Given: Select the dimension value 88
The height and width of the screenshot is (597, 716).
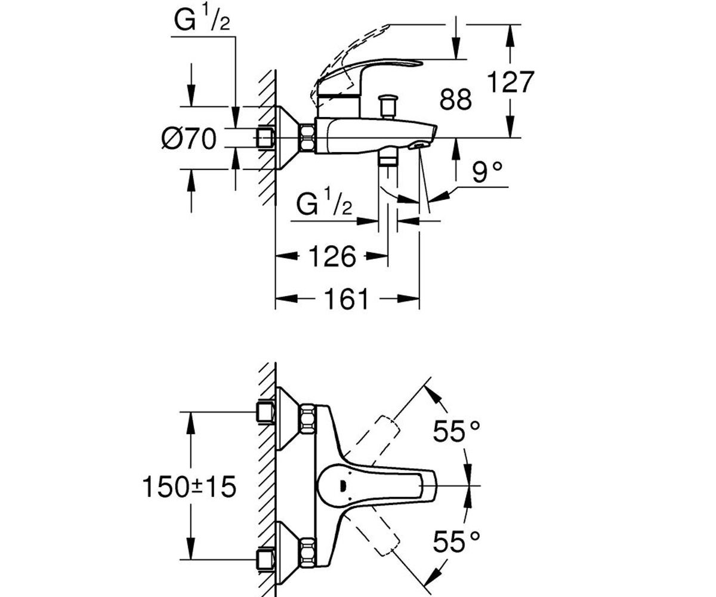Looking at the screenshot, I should point(455,100).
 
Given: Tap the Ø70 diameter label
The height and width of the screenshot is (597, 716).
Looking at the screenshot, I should point(188,140).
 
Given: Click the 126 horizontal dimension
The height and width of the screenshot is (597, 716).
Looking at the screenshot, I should point(332,257).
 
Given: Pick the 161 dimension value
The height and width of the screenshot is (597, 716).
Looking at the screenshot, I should point(348,298).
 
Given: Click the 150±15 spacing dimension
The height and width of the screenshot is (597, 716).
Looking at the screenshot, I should point(189,488).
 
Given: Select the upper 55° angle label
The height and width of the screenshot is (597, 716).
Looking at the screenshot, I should point(456,430).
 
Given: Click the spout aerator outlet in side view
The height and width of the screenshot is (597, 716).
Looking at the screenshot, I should point(421,144).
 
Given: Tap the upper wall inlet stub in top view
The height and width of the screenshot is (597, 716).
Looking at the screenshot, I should point(265,412).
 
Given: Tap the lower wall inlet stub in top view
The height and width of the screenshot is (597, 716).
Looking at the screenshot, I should point(265,559).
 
